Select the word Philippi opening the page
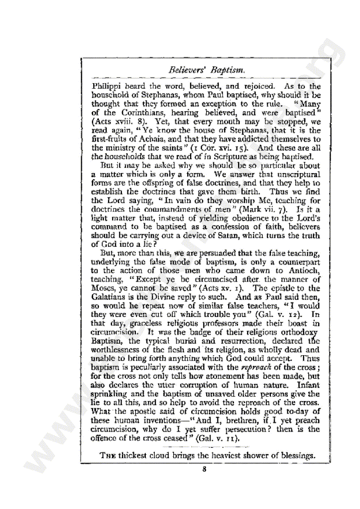coord(106,86)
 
